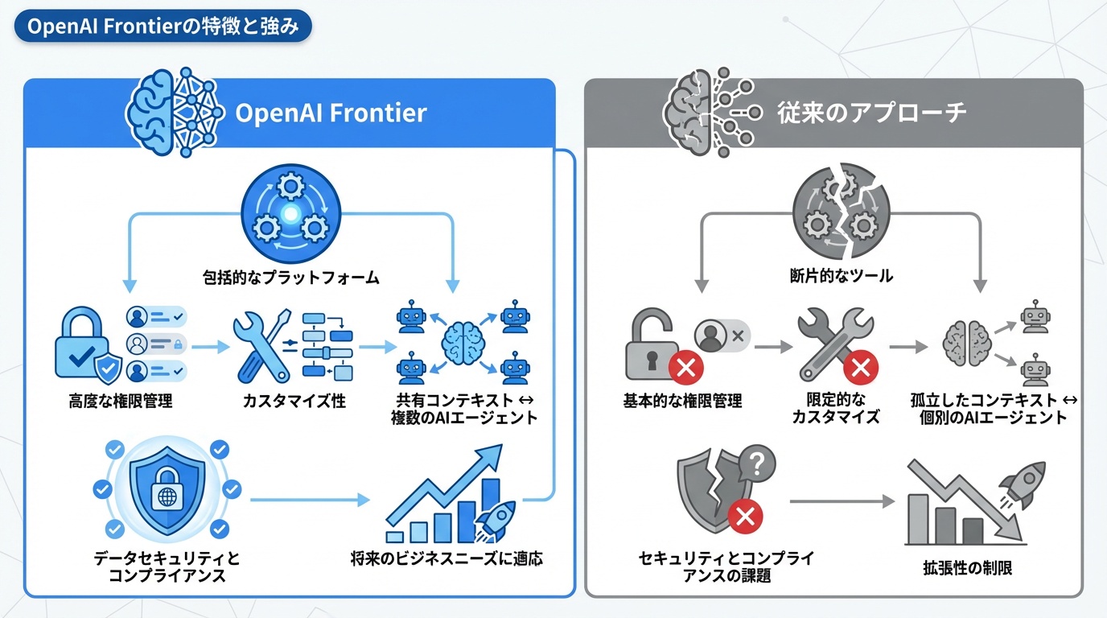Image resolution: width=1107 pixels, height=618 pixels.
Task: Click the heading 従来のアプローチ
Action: click(871, 113)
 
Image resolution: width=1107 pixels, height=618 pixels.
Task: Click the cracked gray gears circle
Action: click(841, 212)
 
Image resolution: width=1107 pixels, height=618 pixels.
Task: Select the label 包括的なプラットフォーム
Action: click(290, 278)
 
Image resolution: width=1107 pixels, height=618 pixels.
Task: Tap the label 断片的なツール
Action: click(841, 277)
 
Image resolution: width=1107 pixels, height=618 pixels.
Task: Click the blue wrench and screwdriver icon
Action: click(262, 348)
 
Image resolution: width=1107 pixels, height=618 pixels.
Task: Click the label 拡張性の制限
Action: click(967, 568)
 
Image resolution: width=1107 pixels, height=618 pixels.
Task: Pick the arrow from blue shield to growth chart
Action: click(309, 500)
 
